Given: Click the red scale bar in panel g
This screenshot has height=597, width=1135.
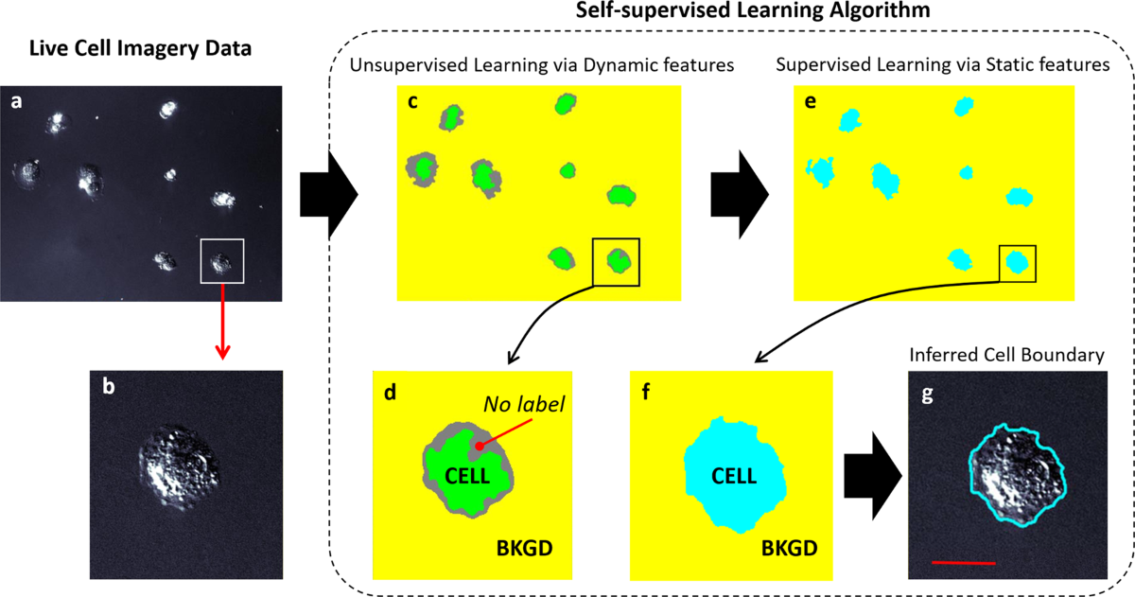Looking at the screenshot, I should [x=963, y=563].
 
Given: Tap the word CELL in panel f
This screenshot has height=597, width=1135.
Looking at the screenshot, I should [x=732, y=476].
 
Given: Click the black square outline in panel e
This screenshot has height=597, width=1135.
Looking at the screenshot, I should [x=1018, y=263].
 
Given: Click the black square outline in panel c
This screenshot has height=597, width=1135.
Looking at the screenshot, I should [x=616, y=261].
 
